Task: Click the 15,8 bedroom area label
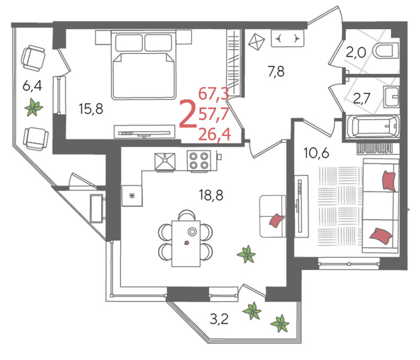point(91,109)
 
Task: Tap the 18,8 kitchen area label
point(211,195)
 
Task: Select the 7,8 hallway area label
point(276,71)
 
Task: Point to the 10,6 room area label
point(316,153)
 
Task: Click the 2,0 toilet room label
point(355,52)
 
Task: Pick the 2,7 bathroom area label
point(362,98)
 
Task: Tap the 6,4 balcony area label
point(32,86)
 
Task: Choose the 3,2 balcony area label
point(219,319)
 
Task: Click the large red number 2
point(187,114)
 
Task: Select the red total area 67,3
point(214,94)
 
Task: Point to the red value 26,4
point(215,134)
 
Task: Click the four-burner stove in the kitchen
point(199,161)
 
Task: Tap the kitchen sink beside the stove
point(165,162)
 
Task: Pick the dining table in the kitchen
point(186,244)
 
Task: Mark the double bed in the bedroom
point(144,65)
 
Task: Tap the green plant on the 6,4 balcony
point(34,107)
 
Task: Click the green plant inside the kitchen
point(246,254)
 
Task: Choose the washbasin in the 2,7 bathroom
point(391,97)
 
